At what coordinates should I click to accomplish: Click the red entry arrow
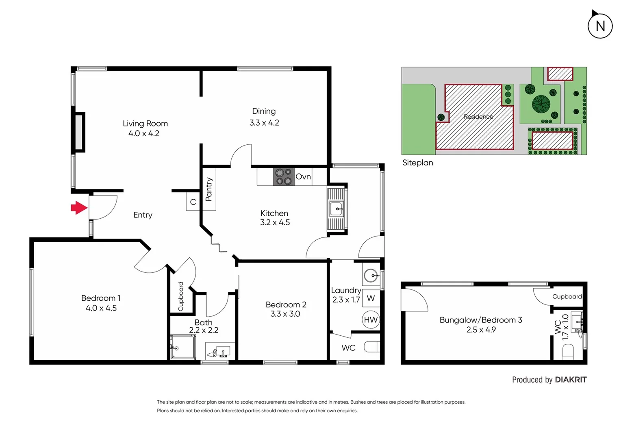pos(79,208)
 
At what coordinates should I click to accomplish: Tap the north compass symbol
pos(600,26)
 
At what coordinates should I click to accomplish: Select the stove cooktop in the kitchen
pos(283,177)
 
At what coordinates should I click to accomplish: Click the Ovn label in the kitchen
pos(303,177)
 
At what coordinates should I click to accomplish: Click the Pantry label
pos(209,189)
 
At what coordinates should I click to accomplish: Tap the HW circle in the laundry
pos(370,320)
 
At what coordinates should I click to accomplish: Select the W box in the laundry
pos(371,298)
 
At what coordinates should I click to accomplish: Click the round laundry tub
pos(371,276)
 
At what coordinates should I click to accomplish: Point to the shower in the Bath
pos(182,347)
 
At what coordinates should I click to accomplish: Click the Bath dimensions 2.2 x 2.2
pos(204,330)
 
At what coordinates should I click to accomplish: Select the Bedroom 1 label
pos(101,298)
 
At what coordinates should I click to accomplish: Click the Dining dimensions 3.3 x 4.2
pos(264,123)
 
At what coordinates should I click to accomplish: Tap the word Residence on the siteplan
pos(478,117)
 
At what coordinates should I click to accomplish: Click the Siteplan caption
pos(417,163)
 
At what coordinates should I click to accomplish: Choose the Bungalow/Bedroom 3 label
pos(481,320)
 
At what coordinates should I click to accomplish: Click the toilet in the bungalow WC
pos(568,351)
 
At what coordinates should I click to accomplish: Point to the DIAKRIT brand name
pos(571,380)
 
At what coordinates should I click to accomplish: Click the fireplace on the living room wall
pos(79,133)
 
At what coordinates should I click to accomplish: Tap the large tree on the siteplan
pos(541,104)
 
